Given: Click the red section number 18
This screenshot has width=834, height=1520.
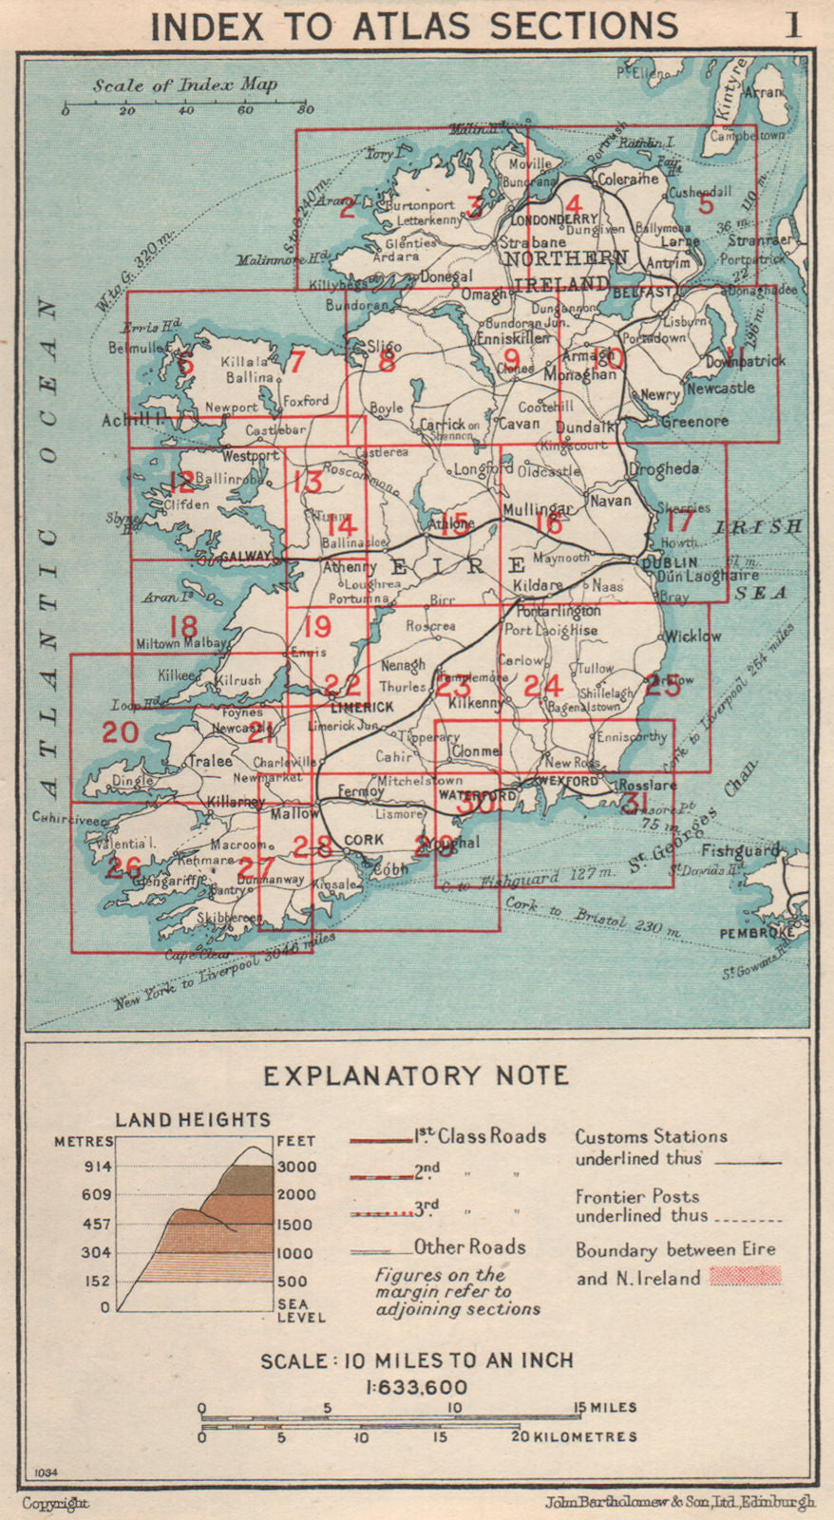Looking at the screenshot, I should [183, 627].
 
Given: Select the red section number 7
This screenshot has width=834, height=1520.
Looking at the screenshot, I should [296, 362].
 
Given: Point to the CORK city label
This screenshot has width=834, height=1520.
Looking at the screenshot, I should [363, 840].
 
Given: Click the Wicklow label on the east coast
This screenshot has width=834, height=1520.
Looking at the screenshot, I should [692, 636].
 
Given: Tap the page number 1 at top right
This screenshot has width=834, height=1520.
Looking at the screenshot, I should [791, 24].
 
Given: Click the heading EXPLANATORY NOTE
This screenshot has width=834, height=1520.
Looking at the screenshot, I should [416, 1075].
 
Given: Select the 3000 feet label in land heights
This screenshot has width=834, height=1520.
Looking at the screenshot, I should [295, 1167].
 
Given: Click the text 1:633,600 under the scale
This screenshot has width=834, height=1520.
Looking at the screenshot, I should [416, 1387].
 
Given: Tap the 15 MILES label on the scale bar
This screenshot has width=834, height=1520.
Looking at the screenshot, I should [603, 1407].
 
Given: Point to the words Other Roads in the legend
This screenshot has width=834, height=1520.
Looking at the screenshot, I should [469, 1247].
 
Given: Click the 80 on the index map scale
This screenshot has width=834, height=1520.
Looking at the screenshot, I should [304, 111].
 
